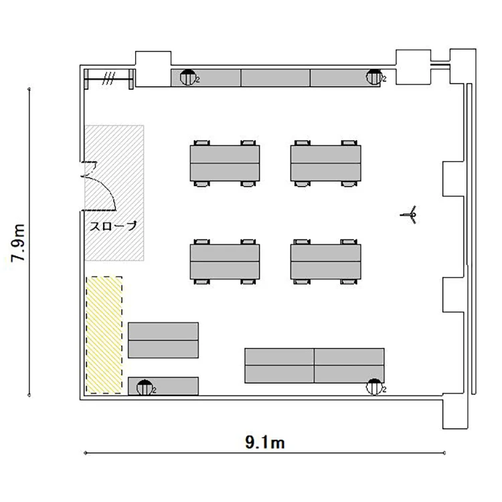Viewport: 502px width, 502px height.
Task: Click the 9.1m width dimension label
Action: click(x=265, y=443)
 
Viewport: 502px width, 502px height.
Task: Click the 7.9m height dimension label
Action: click(x=17, y=243)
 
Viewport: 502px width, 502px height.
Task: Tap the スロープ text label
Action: click(x=112, y=226)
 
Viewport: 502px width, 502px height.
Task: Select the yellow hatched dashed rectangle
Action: click(x=104, y=335)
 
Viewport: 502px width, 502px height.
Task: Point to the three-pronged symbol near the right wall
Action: click(x=409, y=214)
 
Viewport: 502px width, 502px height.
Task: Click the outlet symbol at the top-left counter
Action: click(x=188, y=77)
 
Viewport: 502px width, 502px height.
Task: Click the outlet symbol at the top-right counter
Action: click(x=374, y=77)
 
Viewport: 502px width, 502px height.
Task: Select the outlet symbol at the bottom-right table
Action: click(x=374, y=387)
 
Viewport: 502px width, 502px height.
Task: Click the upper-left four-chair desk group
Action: click(x=225, y=163)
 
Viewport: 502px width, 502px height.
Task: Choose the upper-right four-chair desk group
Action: click(x=325, y=163)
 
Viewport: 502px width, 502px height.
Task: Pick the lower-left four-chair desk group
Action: click(x=225, y=262)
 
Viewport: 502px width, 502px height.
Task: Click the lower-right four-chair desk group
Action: click(x=325, y=262)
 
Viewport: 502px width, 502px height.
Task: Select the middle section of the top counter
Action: click(x=275, y=78)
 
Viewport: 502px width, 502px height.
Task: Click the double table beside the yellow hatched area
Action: click(x=163, y=340)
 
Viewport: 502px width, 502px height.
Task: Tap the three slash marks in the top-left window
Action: click(x=108, y=78)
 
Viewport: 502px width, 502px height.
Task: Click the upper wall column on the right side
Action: click(x=453, y=179)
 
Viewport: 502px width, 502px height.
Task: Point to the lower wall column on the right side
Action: click(x=453, y=295)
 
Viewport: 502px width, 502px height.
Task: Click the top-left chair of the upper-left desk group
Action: click(x=201, y=143)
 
